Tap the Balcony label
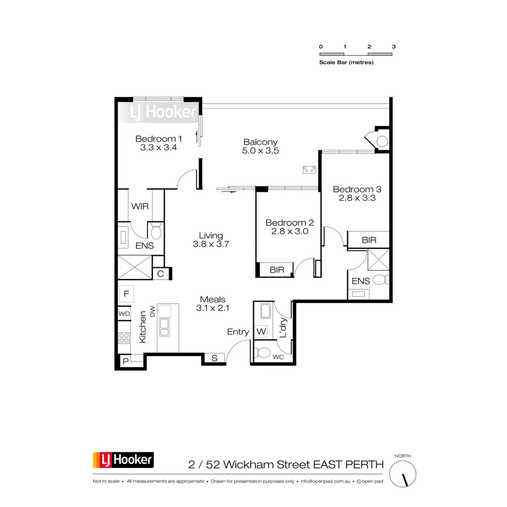[x=261, y=142]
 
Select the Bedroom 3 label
[x=357, y=189]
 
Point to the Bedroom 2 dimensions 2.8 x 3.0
[x=289, y=231]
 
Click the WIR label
[x=140, y=207]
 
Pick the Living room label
[x=211, y=236]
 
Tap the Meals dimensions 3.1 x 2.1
[x=213, y=308]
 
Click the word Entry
[x=238, y=332]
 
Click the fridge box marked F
[x=126, y=294]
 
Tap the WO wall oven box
[x=124, y=313]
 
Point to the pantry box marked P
[x=125, y=361]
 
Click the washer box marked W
[x=261, y=332]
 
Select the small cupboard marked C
[x=160, y=274]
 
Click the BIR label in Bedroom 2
[x=276, y=270]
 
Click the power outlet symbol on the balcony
[x=309, y=170]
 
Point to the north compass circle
[x=403, y=473]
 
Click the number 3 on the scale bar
[x=394, y=47]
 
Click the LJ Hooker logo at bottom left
[x=123, y=460]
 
